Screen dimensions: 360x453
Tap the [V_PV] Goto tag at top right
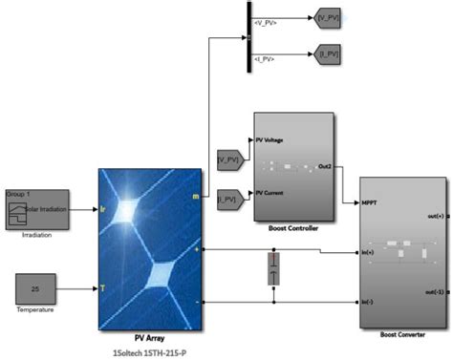point(326,16)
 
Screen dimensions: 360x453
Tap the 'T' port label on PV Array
point(104,287)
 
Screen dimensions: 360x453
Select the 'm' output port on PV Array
point(196,197)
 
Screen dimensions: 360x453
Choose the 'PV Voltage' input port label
point(269,139)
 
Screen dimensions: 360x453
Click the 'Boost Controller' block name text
point(293,227)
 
